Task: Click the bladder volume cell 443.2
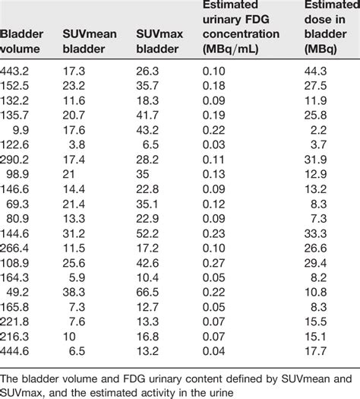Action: [x=17, y=70]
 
